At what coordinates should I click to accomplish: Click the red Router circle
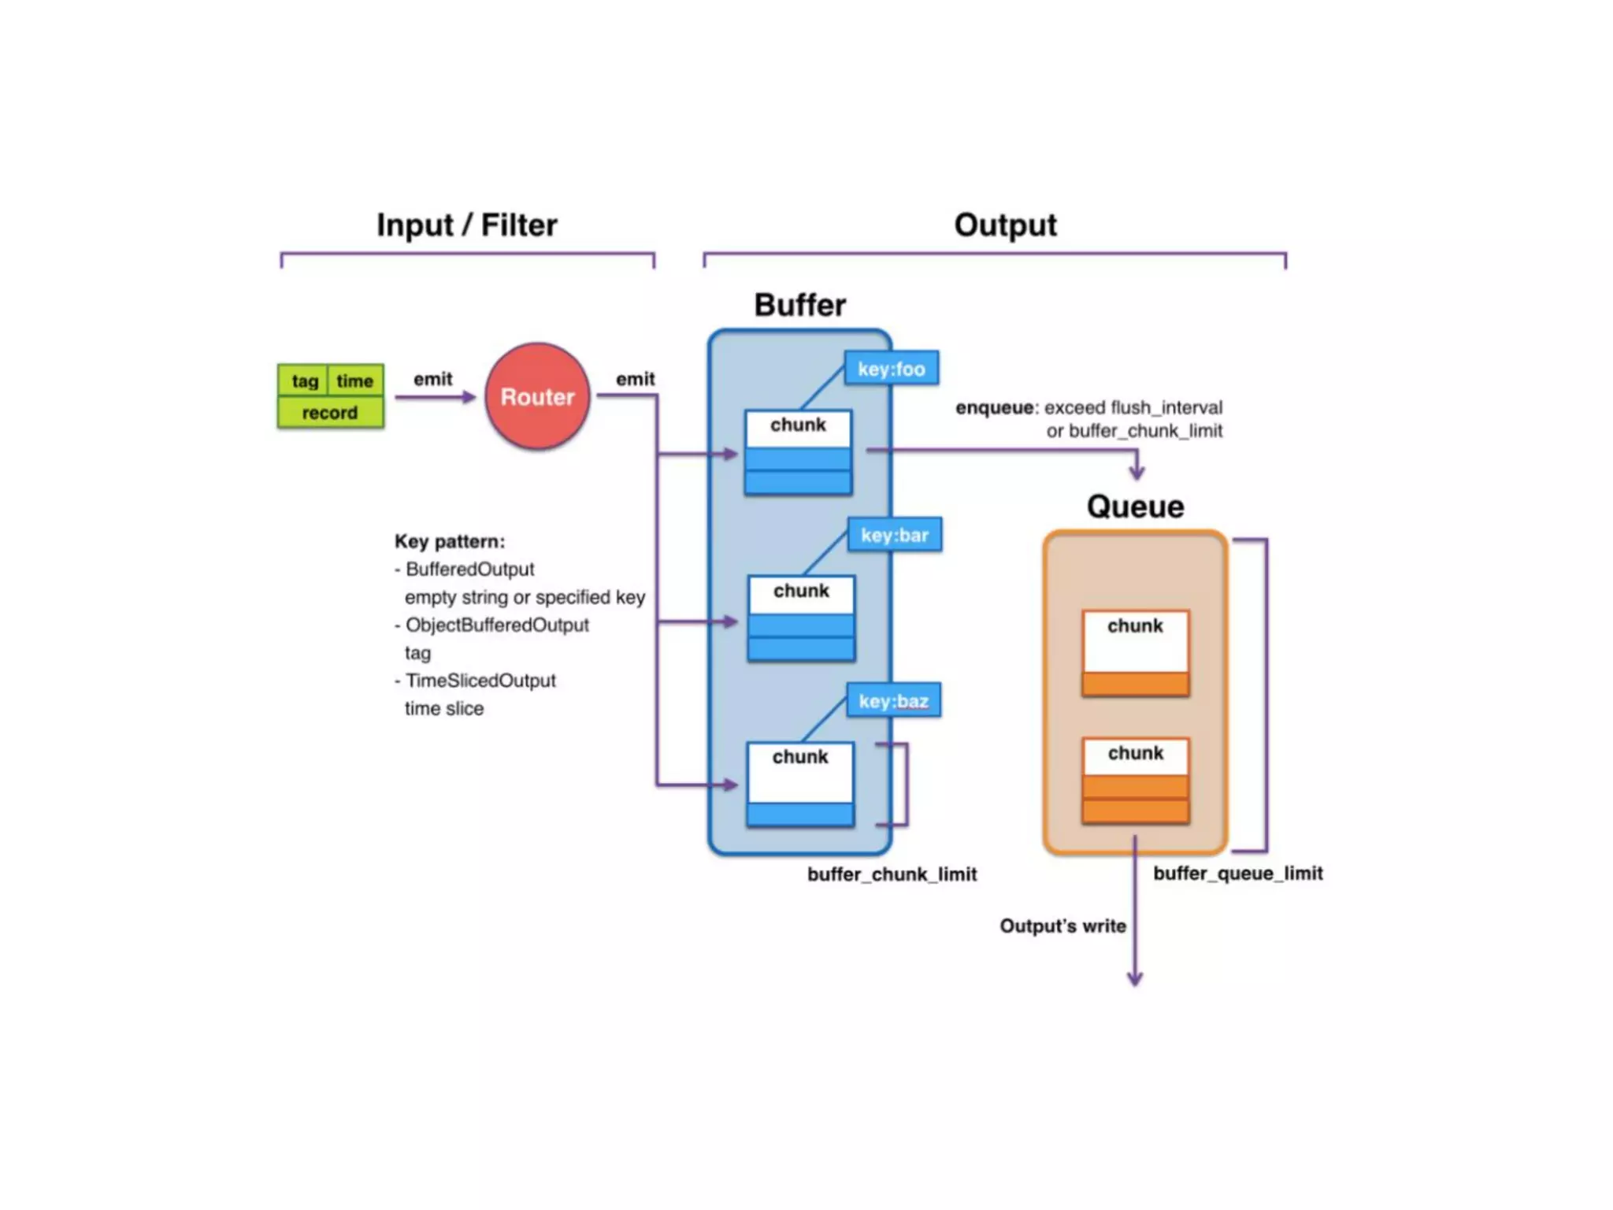pos(537,396)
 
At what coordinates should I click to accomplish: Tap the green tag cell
pos(304,380)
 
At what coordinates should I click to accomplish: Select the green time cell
pos(355,380)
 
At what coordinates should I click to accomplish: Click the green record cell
pos(330,413)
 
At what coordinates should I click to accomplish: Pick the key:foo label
pos(891,369)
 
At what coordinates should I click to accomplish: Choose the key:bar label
pos(894,535)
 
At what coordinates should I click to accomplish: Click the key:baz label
pos(893,701)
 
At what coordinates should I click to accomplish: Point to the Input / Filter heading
pos(466,225)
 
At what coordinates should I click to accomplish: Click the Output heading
pos(1005,225)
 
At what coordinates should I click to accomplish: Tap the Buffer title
pos(799,305)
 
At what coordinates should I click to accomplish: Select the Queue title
pos(1135,507)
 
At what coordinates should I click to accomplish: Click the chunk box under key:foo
pos(798,452)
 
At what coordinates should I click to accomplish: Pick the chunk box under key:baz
pos(799,784)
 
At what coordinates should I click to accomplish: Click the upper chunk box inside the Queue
pos(1135,653)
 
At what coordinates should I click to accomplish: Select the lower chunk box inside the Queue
pos(1135,781)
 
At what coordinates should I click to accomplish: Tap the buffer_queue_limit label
pos(1237,873)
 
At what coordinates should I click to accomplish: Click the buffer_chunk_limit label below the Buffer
pos(892,874)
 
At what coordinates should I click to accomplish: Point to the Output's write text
pos(1062,926)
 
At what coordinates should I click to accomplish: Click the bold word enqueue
pos(994,407)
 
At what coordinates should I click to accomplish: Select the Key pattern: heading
pos(450,541)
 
